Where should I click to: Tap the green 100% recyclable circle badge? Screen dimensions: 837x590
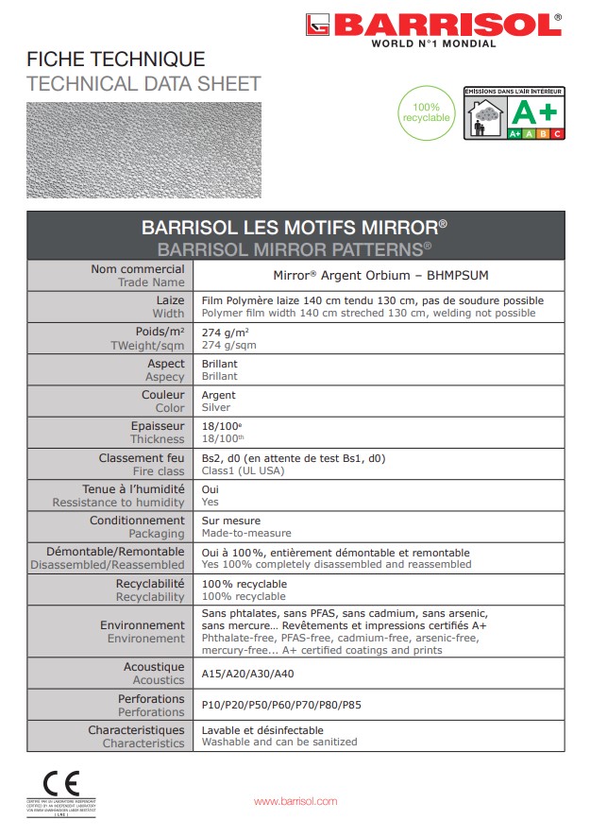[426, 112]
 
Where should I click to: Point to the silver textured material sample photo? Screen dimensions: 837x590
[143, 149]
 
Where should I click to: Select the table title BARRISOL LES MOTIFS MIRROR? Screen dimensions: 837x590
[295, 228]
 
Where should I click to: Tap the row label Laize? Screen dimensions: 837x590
[170, 299]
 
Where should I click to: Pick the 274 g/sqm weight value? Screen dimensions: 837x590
[229, 345]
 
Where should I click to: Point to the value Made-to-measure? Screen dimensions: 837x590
[247, 534]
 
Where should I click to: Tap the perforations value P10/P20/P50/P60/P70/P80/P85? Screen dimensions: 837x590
[281, 705]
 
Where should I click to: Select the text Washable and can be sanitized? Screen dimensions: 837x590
[279, 743]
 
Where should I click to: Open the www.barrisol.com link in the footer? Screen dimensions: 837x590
[295, 801]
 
